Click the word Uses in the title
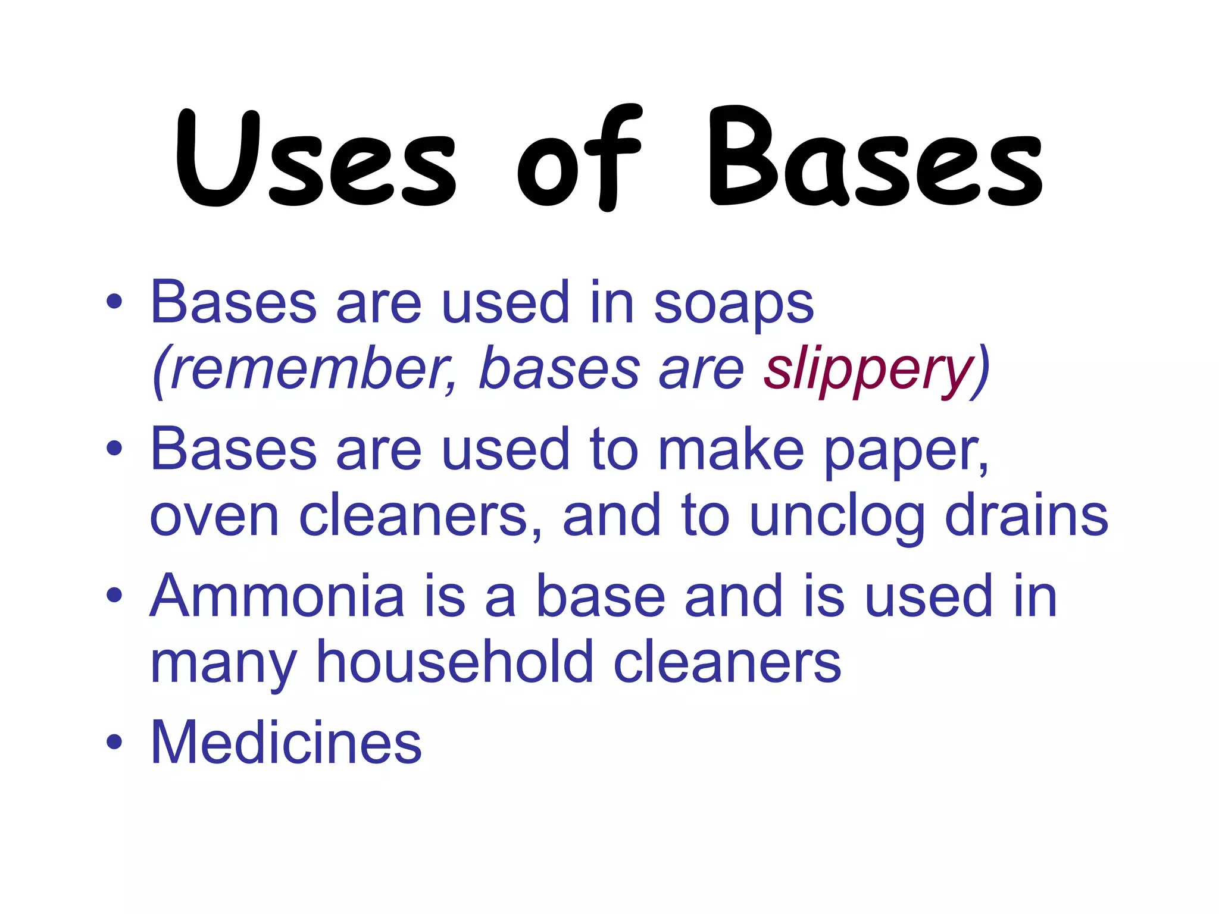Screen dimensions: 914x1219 click(315, 159)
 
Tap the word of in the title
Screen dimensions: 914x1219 click(579, 159)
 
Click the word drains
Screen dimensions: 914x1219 click(1026, 515)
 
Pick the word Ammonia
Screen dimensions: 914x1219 click(277, 597)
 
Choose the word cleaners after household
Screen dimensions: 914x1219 click(727, 662)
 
